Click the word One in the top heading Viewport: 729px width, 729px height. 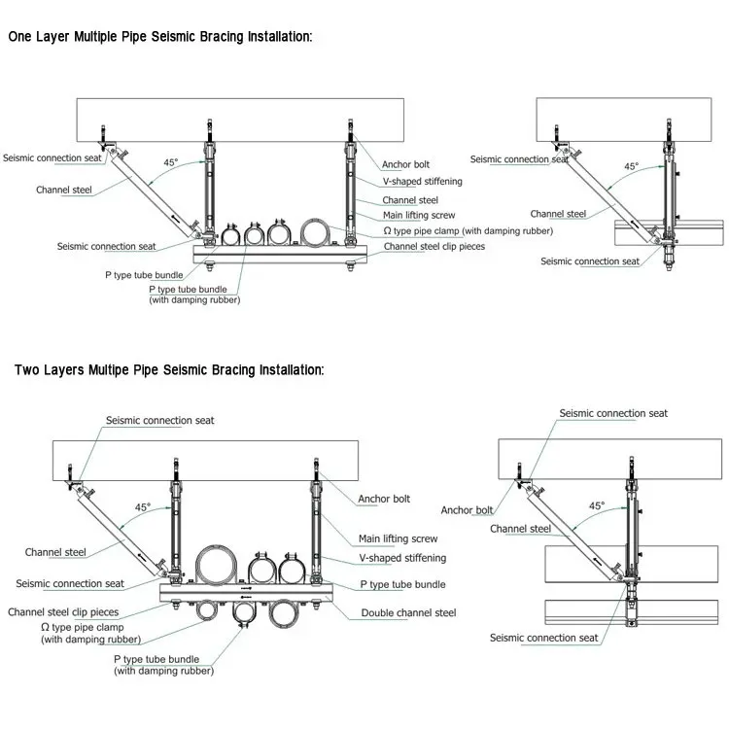(21, 38)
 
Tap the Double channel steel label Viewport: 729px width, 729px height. (408, 613)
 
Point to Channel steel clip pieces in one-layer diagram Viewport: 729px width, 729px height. (434, 247)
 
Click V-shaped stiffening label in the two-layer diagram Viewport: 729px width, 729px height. (402, 558)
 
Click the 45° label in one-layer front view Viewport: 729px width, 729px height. (170, 162)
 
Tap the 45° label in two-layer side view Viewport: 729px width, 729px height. (597, 506)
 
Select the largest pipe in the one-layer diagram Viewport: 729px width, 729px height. (317, 233)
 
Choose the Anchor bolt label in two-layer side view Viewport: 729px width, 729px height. (467, 510)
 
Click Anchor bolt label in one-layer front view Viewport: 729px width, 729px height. (405, 165)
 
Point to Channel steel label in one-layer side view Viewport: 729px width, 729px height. (558, 214)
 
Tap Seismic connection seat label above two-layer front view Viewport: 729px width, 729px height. (159, 421)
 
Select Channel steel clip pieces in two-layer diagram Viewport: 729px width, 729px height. (63, 612)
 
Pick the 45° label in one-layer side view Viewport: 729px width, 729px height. (632, 167)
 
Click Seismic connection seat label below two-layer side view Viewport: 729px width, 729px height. (543, 639)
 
